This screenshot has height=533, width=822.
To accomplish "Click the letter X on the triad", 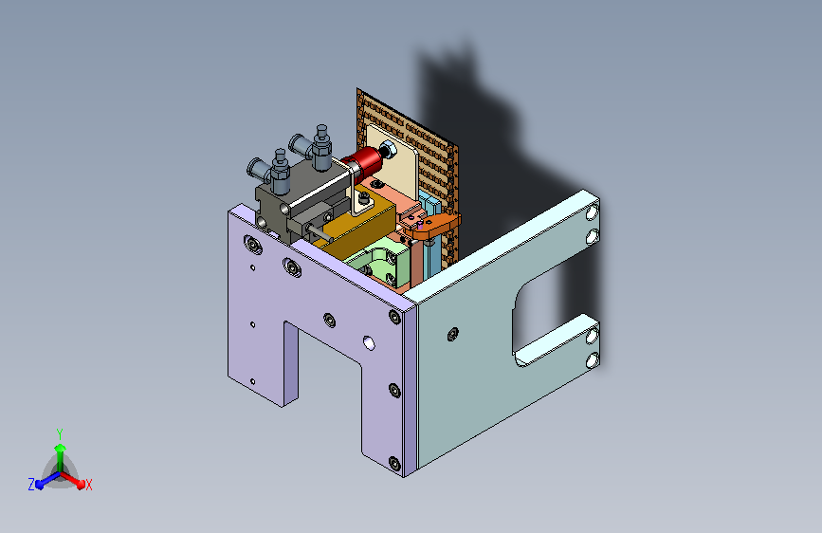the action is click(88, 485).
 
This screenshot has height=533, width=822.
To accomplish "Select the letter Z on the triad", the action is click(31, 485).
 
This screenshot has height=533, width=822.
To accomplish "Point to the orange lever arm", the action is click(431, 226).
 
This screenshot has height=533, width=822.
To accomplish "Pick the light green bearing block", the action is click(377, 265).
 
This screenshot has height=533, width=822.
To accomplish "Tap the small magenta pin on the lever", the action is click(420, 226).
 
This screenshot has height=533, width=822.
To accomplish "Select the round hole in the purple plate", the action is click(369, 343).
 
